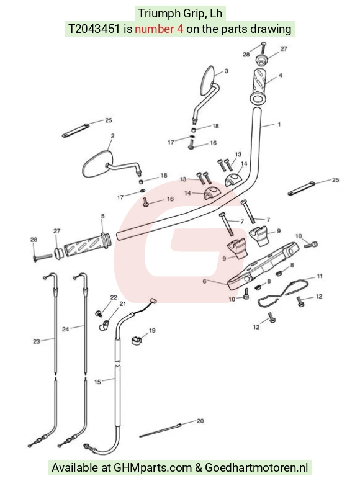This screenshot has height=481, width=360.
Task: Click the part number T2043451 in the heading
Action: pos(94,29)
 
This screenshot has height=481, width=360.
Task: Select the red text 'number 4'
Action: pos(159,29)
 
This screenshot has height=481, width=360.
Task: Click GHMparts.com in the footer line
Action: pos(153,468)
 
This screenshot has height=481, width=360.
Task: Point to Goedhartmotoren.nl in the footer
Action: pos(256,468)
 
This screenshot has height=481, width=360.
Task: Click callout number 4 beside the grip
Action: pos(280,75)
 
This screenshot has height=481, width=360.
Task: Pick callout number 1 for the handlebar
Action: pos(279,124)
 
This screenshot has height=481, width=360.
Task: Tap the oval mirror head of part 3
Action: pos(207,80)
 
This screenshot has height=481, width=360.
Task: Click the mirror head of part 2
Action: pos(96,163)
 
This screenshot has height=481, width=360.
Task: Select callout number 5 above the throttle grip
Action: pos(103,216)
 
